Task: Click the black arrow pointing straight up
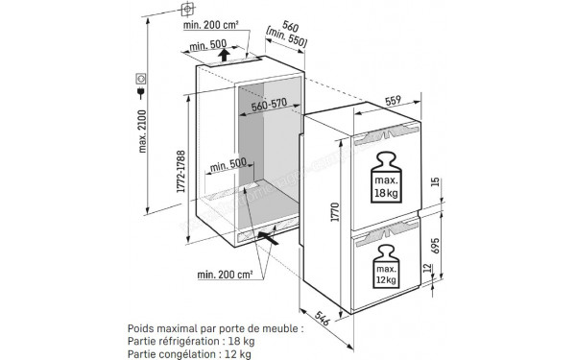coord(224,55)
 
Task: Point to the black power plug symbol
coord(142,93)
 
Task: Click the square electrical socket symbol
coord(142,77)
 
